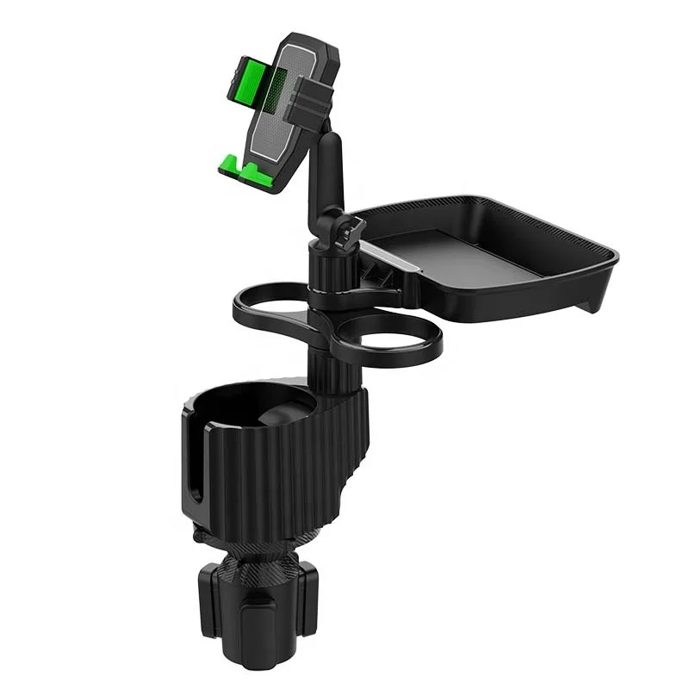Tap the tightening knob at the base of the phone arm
(351, 228)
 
